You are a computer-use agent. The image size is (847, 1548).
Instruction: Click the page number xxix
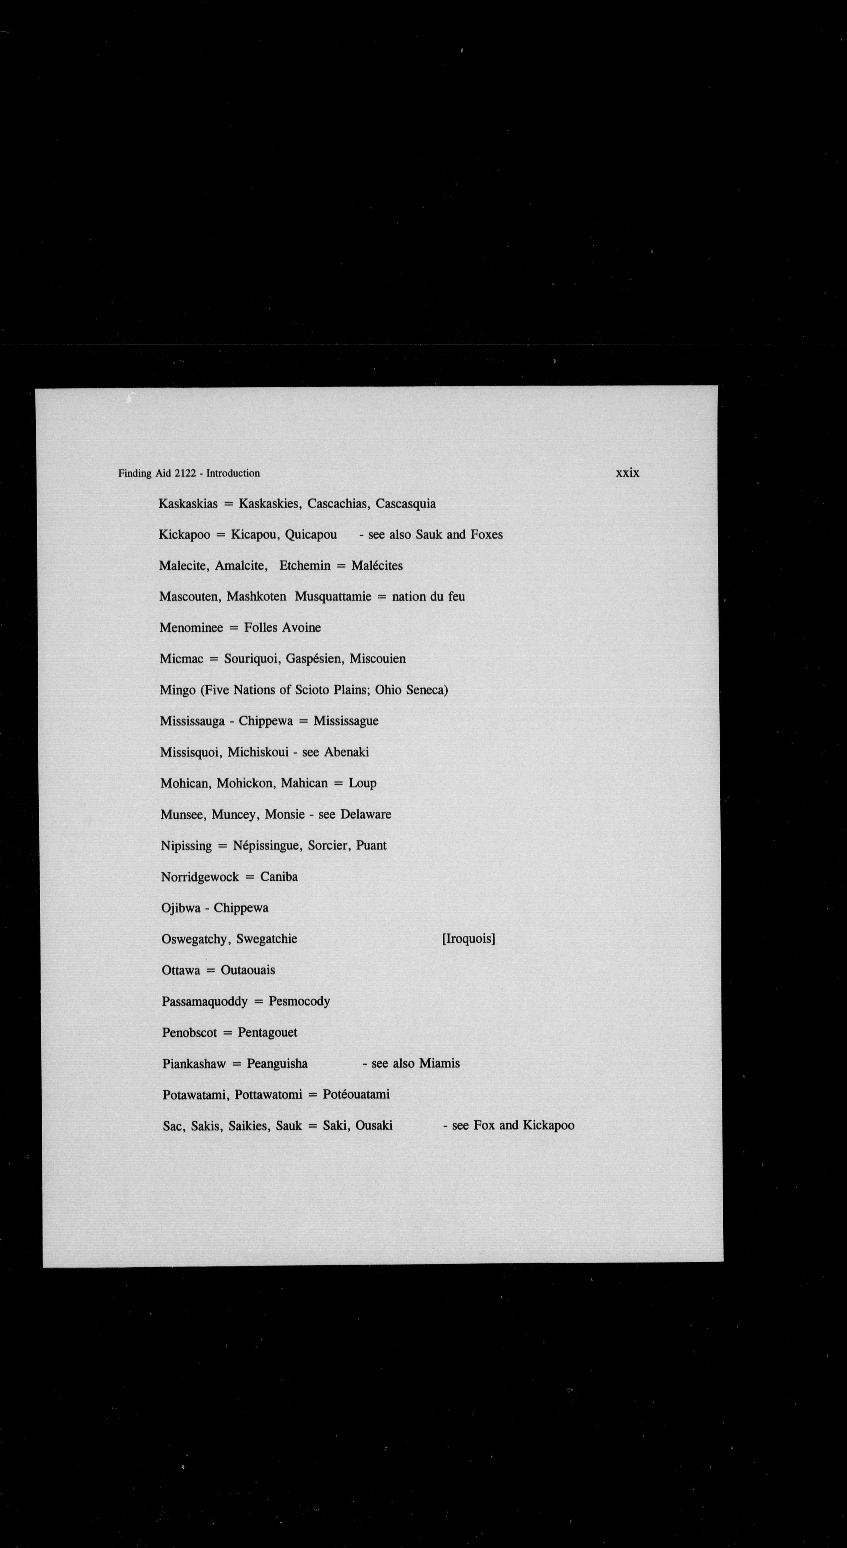tap(627, 473)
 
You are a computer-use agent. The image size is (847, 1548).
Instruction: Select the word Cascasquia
tap(406, 503)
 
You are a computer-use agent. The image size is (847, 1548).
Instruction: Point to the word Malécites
tap(377, 566)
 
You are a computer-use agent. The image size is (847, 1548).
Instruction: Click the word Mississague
tap(346, 721)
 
